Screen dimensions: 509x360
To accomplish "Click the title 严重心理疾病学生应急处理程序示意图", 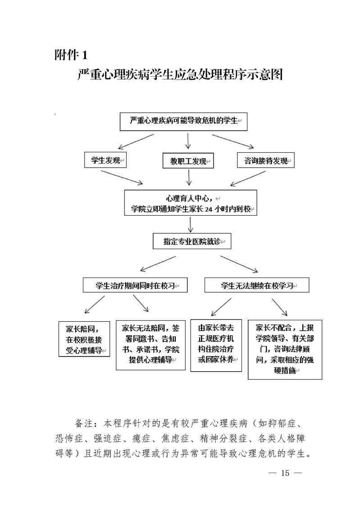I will pos(180,75).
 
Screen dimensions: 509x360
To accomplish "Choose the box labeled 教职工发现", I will pos(187,161).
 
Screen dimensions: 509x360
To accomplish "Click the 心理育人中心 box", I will pos(191,203).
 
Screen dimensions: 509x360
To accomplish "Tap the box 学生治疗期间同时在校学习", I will pos(135,286).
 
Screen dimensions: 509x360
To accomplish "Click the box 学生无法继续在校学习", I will pos(251,286).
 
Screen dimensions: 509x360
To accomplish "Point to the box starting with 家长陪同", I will pos(85,339).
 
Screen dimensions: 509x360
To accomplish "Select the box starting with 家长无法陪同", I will pos(150,345).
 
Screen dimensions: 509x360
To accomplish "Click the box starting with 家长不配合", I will pos(285,350).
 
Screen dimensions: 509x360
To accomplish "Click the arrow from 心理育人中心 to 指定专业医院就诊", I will pos(191,224).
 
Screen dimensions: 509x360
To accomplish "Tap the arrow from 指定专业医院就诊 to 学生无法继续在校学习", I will pos(239,264).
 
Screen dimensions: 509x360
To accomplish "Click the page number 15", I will pos(284,473).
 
